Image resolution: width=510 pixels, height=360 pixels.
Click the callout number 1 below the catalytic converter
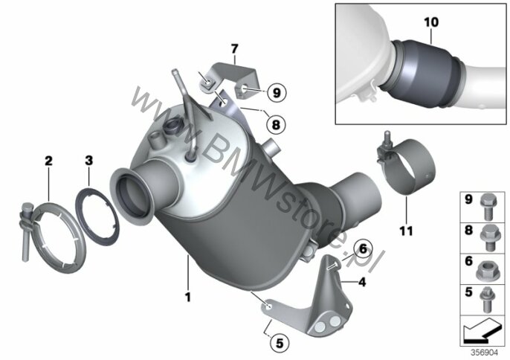coord(187,297)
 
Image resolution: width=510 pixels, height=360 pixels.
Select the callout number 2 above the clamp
coord(48,161)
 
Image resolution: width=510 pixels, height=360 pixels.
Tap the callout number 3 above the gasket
coord(88,160)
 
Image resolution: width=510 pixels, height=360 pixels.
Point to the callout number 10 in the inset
coord(431,22)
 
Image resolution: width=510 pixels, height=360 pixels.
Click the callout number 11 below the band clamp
coord(406,231)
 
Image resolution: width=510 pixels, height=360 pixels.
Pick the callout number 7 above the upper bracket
coord(234,49)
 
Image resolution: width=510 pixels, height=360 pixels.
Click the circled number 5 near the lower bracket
coord(280,343)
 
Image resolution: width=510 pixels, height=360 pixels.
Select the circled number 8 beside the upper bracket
coord(276,124)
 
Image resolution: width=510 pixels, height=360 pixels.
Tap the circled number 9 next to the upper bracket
coord(277,93)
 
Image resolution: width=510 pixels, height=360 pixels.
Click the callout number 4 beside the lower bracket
coord(362,282)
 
